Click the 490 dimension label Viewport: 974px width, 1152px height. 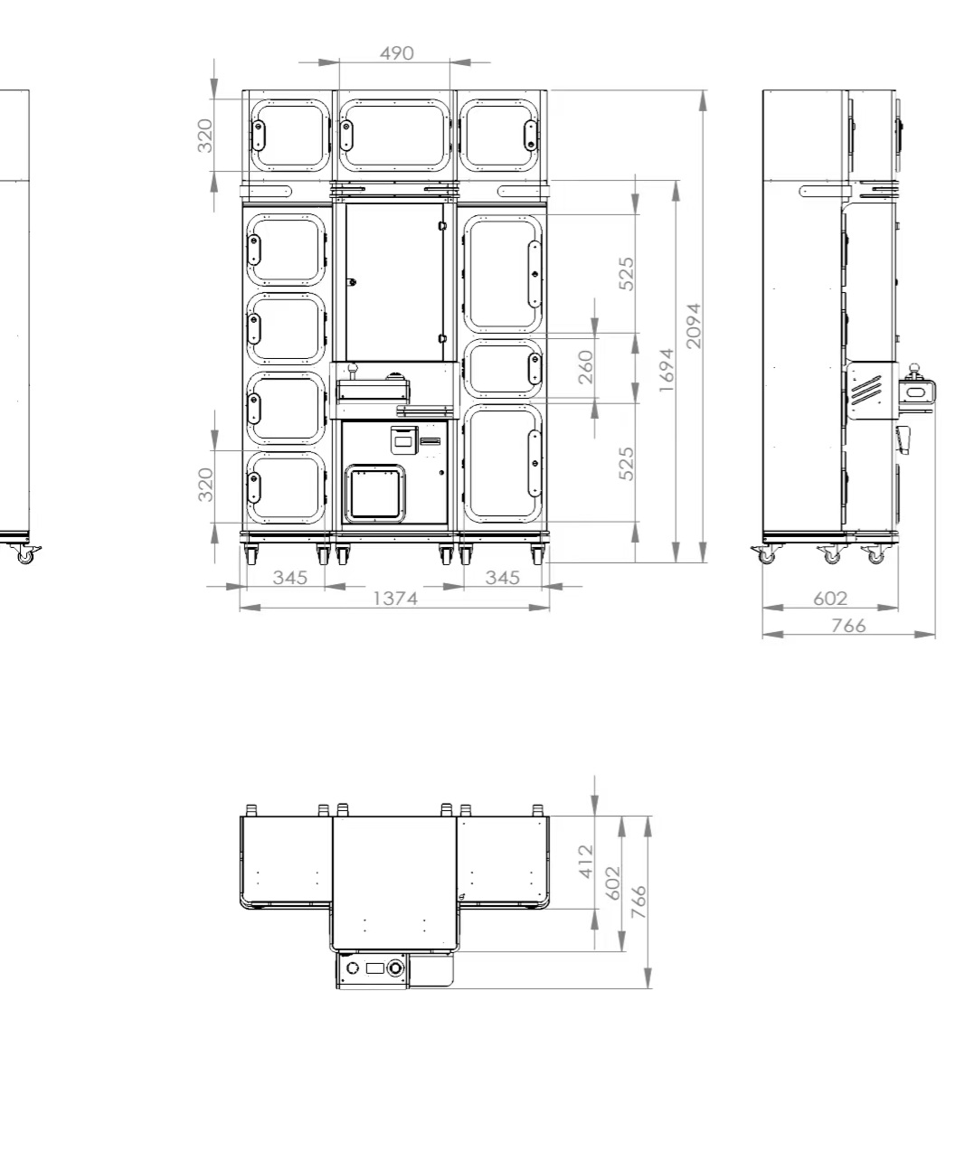[396, 53]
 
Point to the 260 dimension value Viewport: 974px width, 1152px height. [586, 367]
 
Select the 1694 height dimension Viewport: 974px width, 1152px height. [667, 370]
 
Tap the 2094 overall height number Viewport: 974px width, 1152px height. [693, 326]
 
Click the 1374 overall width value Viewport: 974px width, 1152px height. [395, 599]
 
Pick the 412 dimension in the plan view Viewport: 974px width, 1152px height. [586, 862]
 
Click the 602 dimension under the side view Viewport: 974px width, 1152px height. [830, 599]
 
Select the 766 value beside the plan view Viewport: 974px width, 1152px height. [638, 902]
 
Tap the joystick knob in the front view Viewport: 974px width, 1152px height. [353, 368]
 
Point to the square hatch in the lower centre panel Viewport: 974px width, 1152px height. [374, 493]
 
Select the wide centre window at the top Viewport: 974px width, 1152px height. [394, 136]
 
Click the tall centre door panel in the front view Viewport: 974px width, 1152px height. [394, 282]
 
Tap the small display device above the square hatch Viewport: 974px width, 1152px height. [404, 440]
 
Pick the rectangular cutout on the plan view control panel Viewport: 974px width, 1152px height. [374, 968]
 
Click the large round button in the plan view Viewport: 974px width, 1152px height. [395, 968]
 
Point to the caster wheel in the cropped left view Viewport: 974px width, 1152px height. [25, 555]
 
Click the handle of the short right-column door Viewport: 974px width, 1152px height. [534, 368]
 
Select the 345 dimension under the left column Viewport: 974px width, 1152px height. [290, 578]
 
